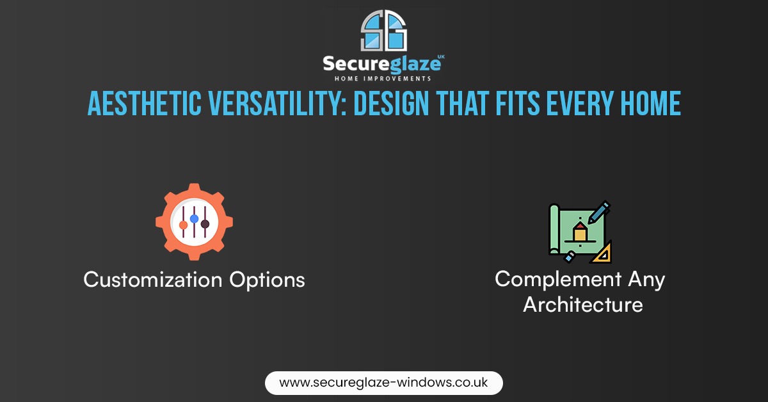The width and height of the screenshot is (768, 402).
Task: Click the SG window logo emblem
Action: pyautogui.click(x=383, y=31)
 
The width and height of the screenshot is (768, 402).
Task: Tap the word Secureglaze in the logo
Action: pyautogui.click(x=381, y=64)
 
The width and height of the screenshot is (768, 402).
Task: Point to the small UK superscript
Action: pyautogui.click(x=441, y=56)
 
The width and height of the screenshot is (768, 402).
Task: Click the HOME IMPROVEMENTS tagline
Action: pyautogui.click(x=383, y=79)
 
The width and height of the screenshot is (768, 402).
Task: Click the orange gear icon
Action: pyautogui.click(x=194, y=221)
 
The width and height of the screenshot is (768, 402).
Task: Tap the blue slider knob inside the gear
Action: pyautogui.click(x=194, y=218)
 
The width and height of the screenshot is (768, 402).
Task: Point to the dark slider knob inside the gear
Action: pyautogui.click(x=205, y=224)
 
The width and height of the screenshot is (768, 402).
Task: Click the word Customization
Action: pyautogui.click(x=153, y=280)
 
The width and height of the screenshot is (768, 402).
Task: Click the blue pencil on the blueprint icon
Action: pyautogui.click(x=598, y=213)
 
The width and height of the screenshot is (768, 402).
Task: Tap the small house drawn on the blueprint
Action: pyautogui.click(x=580, y=232)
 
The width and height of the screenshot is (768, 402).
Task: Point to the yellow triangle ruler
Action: pyautogui.click(x=601, y=253)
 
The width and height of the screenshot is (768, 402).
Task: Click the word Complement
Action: pyautogui.click(x=558, y=280)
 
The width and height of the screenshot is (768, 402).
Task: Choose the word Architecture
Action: pyautogui.click(x=583, y=305)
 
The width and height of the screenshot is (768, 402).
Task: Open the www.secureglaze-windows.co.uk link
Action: pyautogui.click(x=383, y=383)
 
